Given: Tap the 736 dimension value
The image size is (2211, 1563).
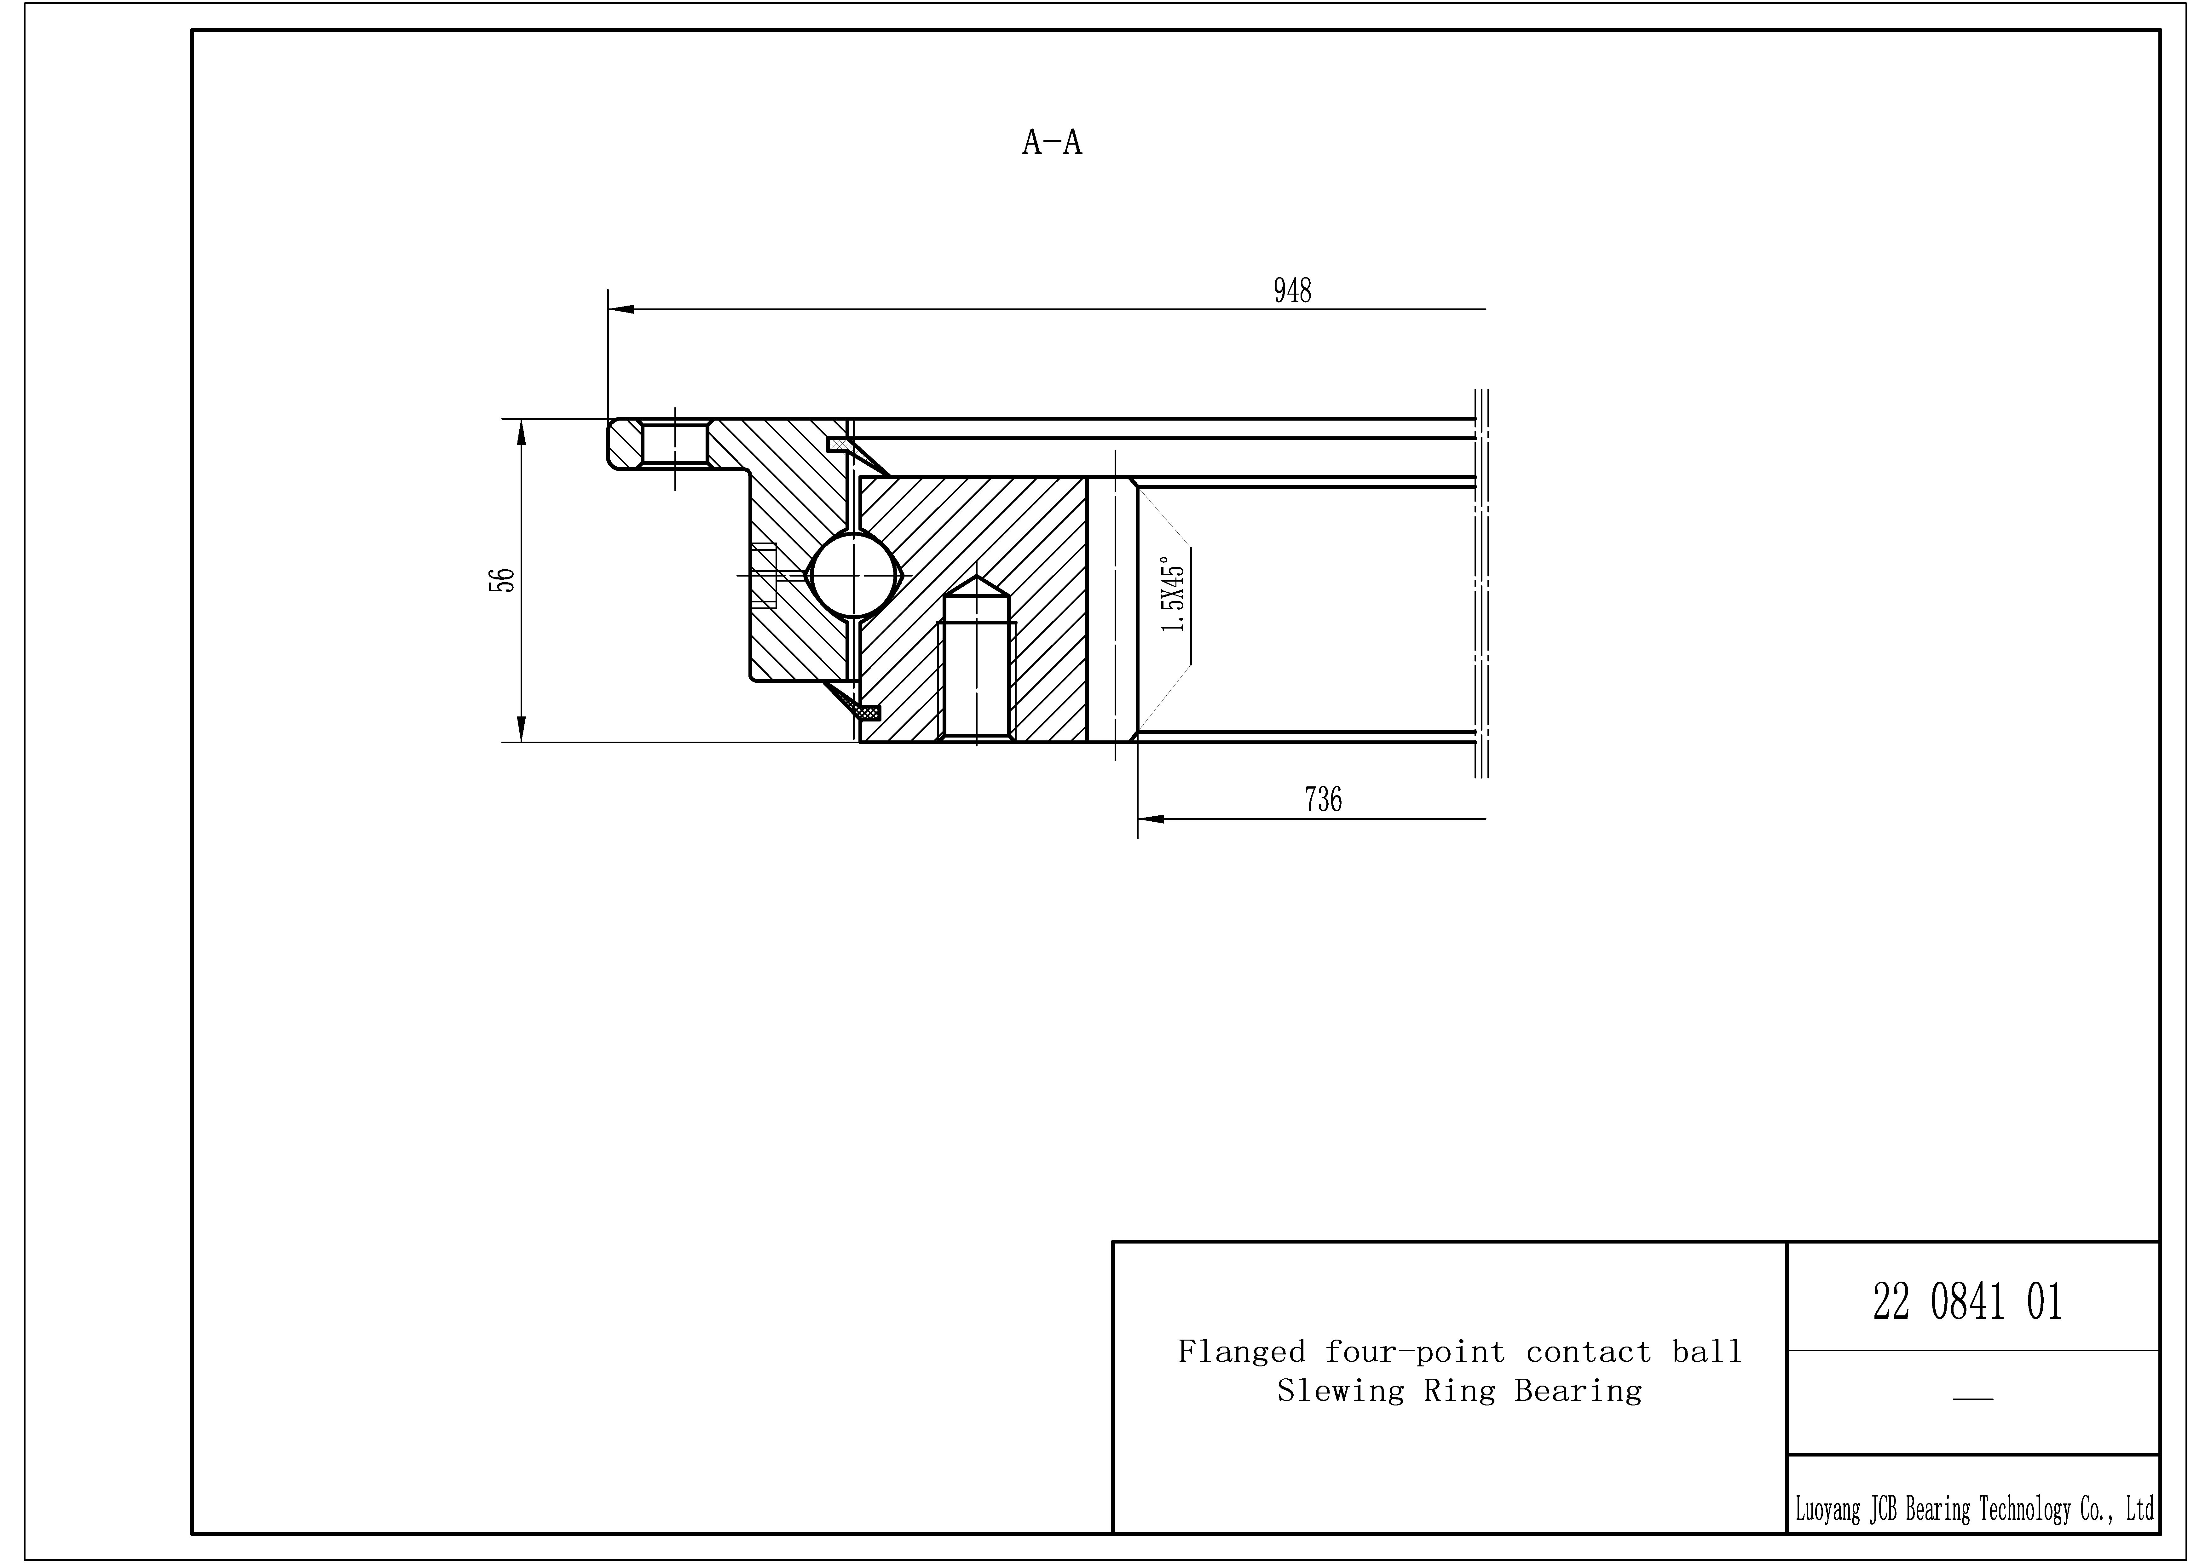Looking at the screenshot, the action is coord(1323,799).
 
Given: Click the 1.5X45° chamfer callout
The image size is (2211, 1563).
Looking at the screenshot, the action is coord(1173,594).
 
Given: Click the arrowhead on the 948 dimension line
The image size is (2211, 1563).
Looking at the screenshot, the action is coord(621,309).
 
